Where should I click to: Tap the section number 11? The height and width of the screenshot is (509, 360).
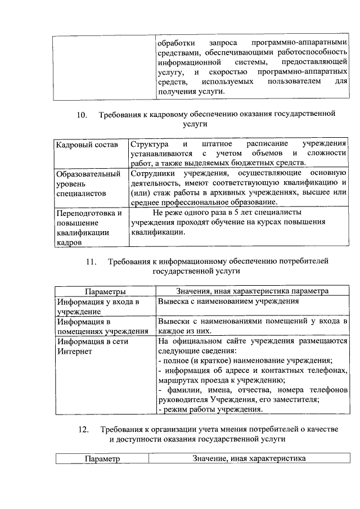[92, 262]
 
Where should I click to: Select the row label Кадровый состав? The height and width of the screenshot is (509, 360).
[87, 145]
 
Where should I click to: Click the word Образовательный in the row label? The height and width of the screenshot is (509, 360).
[88, 174]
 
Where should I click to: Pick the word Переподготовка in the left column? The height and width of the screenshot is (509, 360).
[88, 213]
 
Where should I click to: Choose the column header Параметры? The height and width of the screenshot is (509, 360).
[105, 291]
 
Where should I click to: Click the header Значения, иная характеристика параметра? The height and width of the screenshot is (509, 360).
[251, 291]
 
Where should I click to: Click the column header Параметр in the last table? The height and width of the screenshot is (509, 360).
[102, 459]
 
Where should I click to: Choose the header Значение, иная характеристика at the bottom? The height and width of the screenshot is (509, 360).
[249, 459]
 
